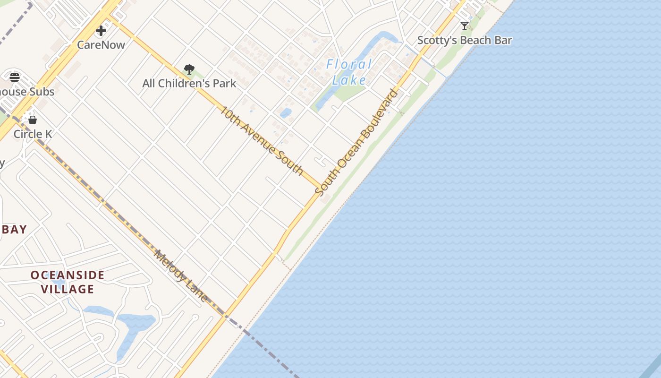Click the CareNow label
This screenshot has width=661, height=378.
coord(101,45)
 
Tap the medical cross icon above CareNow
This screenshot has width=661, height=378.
coord(101,31)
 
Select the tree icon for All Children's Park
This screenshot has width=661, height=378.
coord(189,69)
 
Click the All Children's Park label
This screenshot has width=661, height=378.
coord(189,84)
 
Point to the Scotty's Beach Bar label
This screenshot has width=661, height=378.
coord(465,40)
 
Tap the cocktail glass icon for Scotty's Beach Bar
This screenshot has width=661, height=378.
coord(465,26)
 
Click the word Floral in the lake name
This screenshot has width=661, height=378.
coord(349,64)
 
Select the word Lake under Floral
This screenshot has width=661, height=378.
coord(349,80)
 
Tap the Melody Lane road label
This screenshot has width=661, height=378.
coord(181,276)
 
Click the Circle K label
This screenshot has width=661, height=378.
coord(33,134)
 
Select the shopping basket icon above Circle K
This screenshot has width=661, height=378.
coord(33,120)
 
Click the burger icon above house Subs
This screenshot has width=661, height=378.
coord(15,77)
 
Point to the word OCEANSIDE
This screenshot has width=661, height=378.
coord(68,275)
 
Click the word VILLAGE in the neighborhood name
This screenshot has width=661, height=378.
coord(68,289)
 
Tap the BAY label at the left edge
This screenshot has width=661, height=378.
coord(14,230)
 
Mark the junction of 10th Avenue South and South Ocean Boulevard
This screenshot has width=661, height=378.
coord(322,187)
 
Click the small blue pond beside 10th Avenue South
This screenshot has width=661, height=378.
coord(286,113)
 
